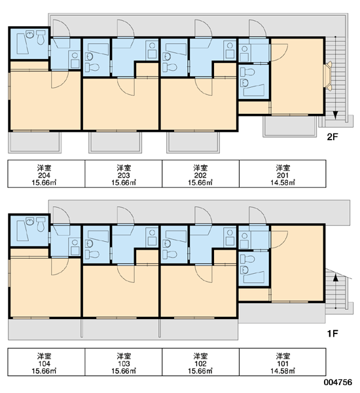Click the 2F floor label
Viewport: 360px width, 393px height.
333,137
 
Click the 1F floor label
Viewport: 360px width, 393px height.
333,333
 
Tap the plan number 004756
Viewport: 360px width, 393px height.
338,382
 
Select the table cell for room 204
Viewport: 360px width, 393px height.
46,174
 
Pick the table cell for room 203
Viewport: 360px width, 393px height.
124,174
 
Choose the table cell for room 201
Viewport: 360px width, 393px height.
283,174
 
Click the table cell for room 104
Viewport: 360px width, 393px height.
46,362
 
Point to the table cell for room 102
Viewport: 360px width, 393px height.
201,362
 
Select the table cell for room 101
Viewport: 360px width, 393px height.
283,362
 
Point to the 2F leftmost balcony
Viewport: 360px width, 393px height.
35,142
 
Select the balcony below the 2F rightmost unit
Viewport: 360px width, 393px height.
289,126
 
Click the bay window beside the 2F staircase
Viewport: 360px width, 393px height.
328,75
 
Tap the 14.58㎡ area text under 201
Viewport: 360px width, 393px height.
283,183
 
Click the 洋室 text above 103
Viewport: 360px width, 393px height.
124,356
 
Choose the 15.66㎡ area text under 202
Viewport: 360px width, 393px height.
200,183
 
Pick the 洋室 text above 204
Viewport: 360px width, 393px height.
45,168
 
